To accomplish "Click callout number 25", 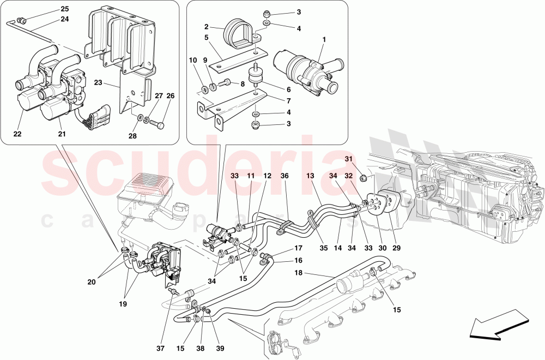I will (65, 9).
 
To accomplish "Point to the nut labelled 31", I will (366, 177).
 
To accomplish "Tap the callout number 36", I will (284, 176).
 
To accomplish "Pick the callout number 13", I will (310, 176).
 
